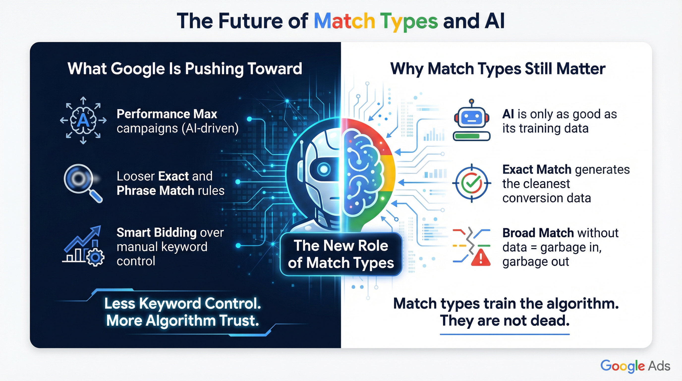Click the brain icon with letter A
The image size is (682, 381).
83,121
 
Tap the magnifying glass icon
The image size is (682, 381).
79,180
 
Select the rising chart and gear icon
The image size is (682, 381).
84,246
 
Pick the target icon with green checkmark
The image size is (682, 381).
472,183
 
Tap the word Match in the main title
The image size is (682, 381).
344,21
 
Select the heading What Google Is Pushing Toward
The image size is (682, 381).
185,69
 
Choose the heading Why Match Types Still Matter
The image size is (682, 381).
498,69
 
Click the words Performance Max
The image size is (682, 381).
167,114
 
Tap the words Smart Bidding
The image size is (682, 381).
156,233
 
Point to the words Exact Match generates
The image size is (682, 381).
566,170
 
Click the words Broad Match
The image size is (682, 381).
538,233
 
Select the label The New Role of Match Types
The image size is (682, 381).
341,254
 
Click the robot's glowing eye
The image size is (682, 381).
323,169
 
